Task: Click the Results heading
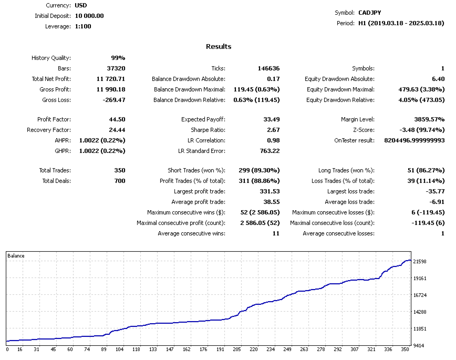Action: click(x=219, y=46)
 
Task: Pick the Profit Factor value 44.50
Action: click(x=116, y=119)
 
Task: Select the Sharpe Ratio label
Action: click(x=208, y=130)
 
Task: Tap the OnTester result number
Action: click(x=414, y=140)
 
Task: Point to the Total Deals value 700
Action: click(x=120, y=181)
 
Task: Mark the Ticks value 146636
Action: click(x=268, y=68)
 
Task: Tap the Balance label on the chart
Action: click(x=15, y=256)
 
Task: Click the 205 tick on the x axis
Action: click(x=237, y=349)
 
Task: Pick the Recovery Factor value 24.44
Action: click(x=116, y=130)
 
